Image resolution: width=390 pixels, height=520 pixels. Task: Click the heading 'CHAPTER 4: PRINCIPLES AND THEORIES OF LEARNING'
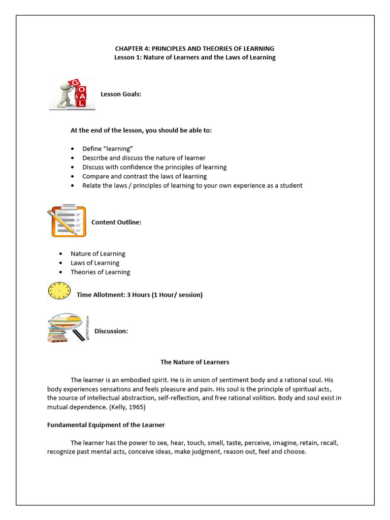[x=195, y=48]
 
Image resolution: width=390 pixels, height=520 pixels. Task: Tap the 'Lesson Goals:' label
[x=121, y=94]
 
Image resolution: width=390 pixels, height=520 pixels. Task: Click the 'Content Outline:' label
[x=116, y=222]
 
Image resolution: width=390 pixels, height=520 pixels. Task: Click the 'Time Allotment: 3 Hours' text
[x=139, y=295]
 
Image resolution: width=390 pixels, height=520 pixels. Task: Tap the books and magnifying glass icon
[x=67, y=328]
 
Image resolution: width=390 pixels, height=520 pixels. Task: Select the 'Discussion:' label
[x=111, y=331]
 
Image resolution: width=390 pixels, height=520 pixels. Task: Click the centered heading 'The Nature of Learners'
[x=195, y=362]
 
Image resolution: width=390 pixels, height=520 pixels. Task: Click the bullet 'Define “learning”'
[x=108, y=149]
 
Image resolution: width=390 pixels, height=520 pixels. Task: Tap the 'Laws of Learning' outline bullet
[x=95, y=263]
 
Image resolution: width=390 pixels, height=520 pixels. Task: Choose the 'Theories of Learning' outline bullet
[x=100, y=272]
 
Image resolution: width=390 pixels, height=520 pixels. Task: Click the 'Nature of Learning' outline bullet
[x=97, y=253]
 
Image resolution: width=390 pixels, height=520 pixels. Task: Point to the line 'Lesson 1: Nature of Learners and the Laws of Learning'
[x=195, y=57]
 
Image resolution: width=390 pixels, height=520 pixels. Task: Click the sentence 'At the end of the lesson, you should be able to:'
[x=141, y=131]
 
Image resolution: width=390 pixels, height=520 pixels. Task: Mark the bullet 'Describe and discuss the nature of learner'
[x=144, y=158]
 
